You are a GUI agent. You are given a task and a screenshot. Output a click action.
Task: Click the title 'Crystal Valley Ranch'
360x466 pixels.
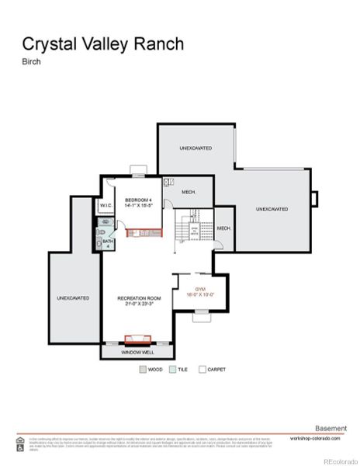coord(102,43)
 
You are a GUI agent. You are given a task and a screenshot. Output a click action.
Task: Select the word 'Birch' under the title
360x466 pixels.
coord(31,63)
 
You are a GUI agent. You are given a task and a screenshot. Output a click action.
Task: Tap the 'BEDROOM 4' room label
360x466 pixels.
coord(139,201)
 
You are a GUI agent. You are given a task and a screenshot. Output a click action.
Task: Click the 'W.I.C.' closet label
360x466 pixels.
coord(106,205)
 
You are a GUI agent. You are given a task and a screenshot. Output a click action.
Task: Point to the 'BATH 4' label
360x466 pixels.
coord(107,243)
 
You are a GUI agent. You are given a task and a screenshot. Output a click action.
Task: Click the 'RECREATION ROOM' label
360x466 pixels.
coord(139,298)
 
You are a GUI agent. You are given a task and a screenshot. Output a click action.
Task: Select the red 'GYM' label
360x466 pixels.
coord(199,290)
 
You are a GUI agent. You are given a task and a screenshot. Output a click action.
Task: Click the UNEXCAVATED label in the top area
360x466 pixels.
coord(196,148)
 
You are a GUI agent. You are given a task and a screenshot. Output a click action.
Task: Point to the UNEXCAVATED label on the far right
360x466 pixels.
coord(272,209)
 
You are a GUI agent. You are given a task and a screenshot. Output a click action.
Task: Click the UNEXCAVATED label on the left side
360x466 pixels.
coord(72,297)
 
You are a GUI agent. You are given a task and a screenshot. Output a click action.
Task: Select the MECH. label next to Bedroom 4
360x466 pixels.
coord(189,192)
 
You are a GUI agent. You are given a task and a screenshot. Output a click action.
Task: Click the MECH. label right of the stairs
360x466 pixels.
coord(223,228)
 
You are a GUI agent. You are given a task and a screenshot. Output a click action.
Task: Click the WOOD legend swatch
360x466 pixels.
coord(143,370)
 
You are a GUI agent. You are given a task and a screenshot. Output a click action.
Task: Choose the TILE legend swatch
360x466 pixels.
coord(173,370)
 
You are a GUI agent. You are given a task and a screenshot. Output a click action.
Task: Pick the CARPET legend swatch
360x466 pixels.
coord(202,370)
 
